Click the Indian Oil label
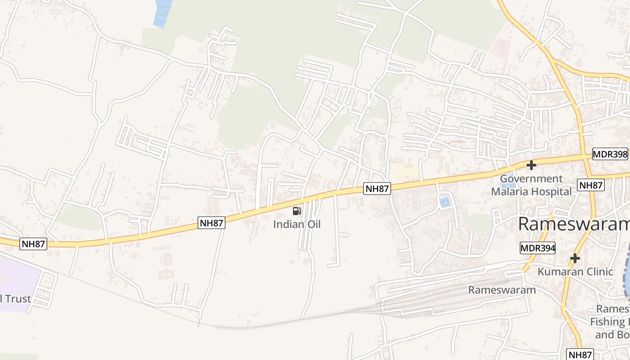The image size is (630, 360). (x=297, y=224)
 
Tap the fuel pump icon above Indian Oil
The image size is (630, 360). (x=297, y=211)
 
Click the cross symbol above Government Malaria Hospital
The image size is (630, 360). (x=531, y=165)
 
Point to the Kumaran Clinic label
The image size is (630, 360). (x=575, y=272)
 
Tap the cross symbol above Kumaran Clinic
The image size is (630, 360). (x=575, y=259)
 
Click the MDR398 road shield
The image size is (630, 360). (x=610, y=154)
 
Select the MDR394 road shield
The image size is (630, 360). (x=537, y=248)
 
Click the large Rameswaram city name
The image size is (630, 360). (x=574, y=224)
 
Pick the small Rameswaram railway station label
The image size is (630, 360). (x=502, y=290)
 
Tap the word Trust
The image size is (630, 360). (x=17, y=299)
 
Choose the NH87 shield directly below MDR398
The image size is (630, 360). (x=590, y=185)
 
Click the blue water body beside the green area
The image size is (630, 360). (x=162, y=13)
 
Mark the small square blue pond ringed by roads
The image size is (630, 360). (x=445, y=202)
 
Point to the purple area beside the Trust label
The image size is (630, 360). (x=18, y=277)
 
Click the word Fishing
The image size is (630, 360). (x=610, y=322)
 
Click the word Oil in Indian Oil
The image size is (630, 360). (x=313, y=224)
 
